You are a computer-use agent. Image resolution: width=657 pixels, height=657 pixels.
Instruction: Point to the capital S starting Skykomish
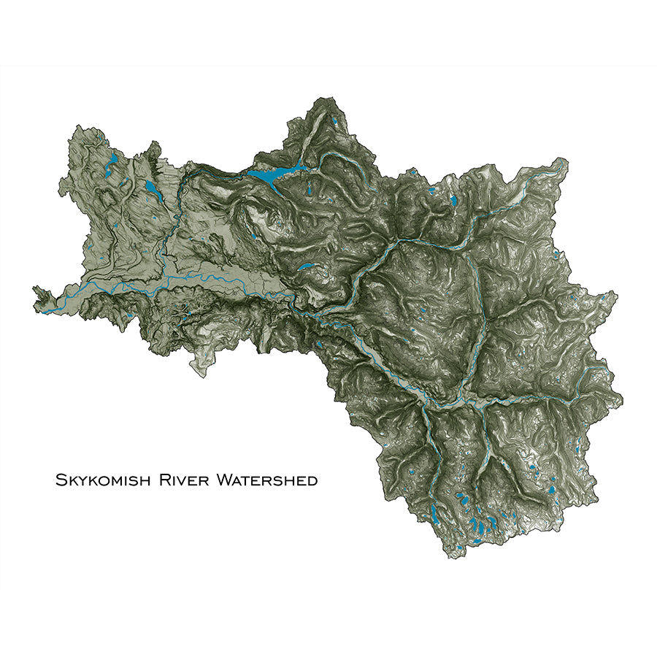pos(60,480)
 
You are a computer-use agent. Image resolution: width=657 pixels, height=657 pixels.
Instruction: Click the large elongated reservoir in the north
pos(274,174)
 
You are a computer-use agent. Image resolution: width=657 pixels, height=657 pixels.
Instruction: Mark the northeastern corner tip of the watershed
pos(565,160)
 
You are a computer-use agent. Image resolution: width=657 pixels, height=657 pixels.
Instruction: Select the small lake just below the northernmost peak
pos(333,122)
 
